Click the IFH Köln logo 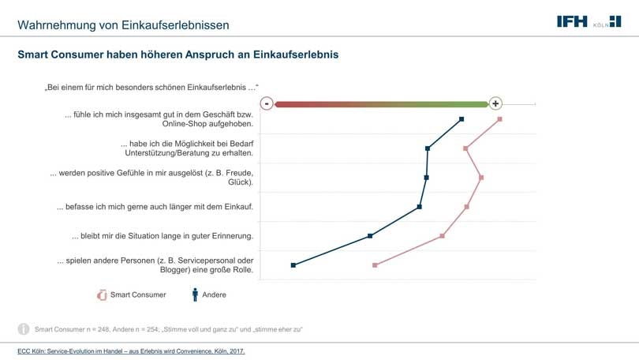click(x=588, y=21)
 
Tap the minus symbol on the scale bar click(x=267, y=103)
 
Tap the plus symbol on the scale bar click(x=495, y=103)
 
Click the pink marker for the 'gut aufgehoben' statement click(x=500, y=119)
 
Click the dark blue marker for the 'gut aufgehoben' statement click(x=461, y=119)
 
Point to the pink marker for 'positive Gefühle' click(x=481, y=178)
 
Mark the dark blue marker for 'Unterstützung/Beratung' click(x=428, y=148)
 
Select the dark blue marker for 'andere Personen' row click(x=293, y=265)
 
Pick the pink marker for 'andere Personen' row click(x=375, y=265)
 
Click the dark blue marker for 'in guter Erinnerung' click(x=370, y=236)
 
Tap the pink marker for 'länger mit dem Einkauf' click(x=467, y=207)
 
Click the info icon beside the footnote click(x=24, y=328)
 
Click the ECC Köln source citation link click(x=131, y=351)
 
